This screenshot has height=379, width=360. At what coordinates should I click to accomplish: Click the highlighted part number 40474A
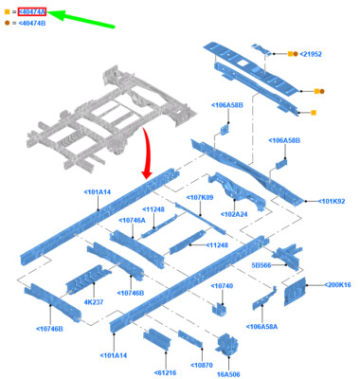tap(31, 12)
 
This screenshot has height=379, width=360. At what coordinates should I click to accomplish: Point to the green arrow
tap(80, 17)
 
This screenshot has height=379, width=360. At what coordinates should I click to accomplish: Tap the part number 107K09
tap(200, 197)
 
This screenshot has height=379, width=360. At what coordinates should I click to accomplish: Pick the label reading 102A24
tap(235, 213)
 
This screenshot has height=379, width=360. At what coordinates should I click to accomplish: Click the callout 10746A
tap(133, 220)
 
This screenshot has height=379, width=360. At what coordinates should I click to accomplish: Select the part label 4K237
tap(94, 302)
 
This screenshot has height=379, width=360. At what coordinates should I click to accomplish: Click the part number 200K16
tap(338, 284)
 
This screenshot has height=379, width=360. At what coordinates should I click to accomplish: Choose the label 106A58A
tap(262, 327)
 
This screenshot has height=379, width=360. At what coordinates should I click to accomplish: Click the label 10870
tap(202, 364)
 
